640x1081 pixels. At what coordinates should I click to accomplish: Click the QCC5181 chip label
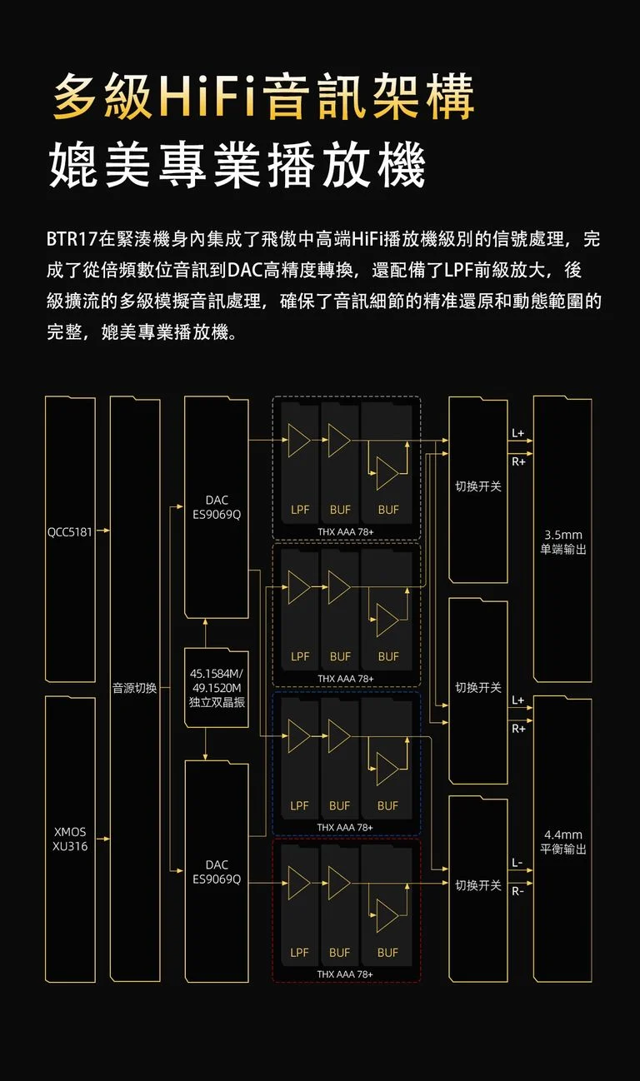[x=69, y=532]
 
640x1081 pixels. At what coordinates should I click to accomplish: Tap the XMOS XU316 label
[x=70, y=839]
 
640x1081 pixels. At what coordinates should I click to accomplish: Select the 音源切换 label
[x=134, y=688]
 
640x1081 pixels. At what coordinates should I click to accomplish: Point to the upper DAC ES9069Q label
[x=217, y=507]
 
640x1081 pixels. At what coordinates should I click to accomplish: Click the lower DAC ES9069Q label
[x=217, y=872]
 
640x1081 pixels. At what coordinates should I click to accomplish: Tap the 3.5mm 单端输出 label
[x=563, y=542]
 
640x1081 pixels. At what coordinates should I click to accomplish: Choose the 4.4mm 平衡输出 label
[x=563, y=842]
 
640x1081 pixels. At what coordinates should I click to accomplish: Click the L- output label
[x=517, y=863]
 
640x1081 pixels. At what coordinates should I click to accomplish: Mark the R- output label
[x=517, y=891]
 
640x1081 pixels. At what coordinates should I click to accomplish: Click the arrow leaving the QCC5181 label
[x=102, y=531]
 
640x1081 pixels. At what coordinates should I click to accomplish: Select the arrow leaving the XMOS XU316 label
[x=102, y=839]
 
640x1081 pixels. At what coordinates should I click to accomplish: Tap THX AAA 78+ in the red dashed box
[x=345, y=974]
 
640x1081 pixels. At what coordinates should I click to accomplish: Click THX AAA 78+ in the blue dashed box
[x=345, y=827]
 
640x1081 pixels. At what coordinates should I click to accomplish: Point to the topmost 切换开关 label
[x=478, y=486]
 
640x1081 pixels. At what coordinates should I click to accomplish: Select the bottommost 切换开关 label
[x=478, y=885]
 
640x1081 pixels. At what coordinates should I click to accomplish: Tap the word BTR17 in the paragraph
[x=72, y=239]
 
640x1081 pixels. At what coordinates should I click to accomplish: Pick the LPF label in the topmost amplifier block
[x=300, y=510]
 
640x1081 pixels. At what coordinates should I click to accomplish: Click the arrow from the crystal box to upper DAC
[x=205, y=633]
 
